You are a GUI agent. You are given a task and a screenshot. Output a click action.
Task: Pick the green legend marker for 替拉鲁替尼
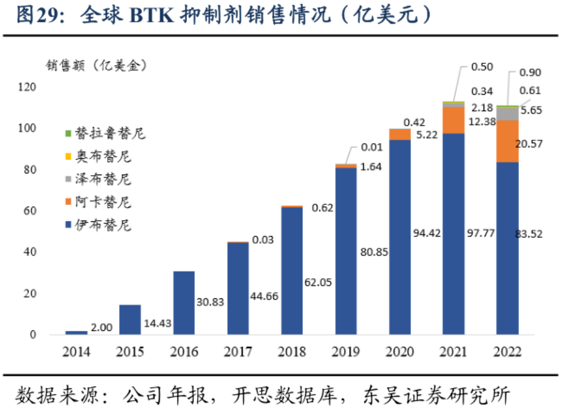[69, 134]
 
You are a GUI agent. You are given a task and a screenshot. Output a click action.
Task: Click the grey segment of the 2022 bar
[507, 113]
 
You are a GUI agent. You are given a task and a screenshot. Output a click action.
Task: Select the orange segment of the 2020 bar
[399, 134]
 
